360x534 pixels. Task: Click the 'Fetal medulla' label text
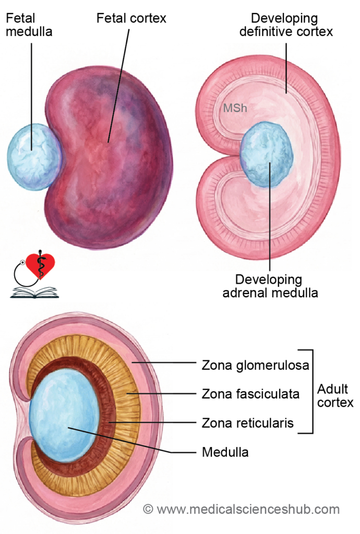coord(29,25)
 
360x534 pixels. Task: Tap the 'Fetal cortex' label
coord(131,18)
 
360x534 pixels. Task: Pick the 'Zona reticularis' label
coord(248,423)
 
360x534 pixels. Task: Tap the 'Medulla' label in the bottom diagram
coord(225,452)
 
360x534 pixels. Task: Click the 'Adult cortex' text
coord(335,396)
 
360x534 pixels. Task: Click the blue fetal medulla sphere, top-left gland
coord(33,156)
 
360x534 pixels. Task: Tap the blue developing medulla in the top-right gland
coord(267,155)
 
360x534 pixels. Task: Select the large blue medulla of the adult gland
coord(64,417)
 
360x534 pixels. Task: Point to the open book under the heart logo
coord(34,293)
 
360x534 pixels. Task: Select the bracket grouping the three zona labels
coord(312,391)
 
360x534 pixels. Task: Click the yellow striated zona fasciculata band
coord(128,396)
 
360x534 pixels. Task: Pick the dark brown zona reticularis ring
coord(109,412)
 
